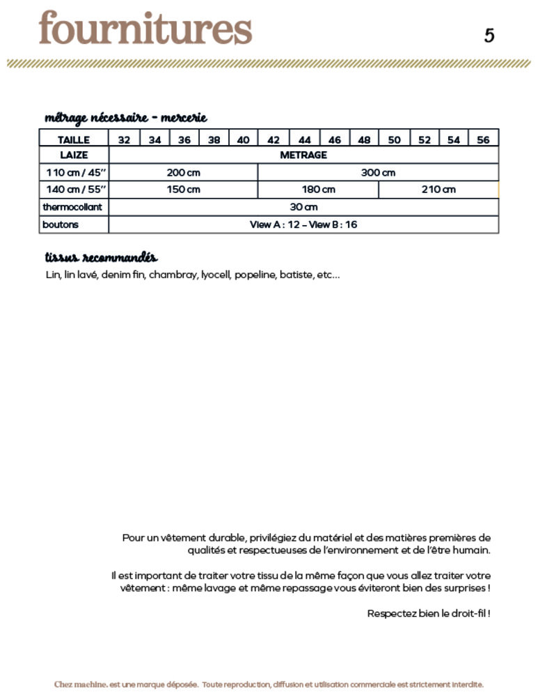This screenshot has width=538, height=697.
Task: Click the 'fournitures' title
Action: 145,30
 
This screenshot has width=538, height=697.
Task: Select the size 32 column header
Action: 124,139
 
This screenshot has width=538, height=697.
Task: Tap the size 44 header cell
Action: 304,139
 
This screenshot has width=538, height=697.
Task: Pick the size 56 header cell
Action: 483,139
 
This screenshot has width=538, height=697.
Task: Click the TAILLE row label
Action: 74,139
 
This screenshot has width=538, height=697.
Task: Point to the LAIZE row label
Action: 73,155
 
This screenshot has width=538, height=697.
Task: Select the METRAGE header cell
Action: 303,155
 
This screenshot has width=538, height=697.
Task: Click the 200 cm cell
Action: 183,172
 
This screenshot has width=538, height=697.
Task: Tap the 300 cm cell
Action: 378,172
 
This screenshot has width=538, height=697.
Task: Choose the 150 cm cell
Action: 183,190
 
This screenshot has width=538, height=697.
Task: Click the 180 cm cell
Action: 318,190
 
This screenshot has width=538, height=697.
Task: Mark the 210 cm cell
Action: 438,190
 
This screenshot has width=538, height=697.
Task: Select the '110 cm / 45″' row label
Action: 74,172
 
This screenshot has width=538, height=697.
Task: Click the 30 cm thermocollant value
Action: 303,207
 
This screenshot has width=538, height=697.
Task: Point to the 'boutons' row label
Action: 61,224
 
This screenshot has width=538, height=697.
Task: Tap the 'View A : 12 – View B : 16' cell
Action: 303,224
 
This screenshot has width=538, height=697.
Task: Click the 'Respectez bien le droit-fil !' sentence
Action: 429,613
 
